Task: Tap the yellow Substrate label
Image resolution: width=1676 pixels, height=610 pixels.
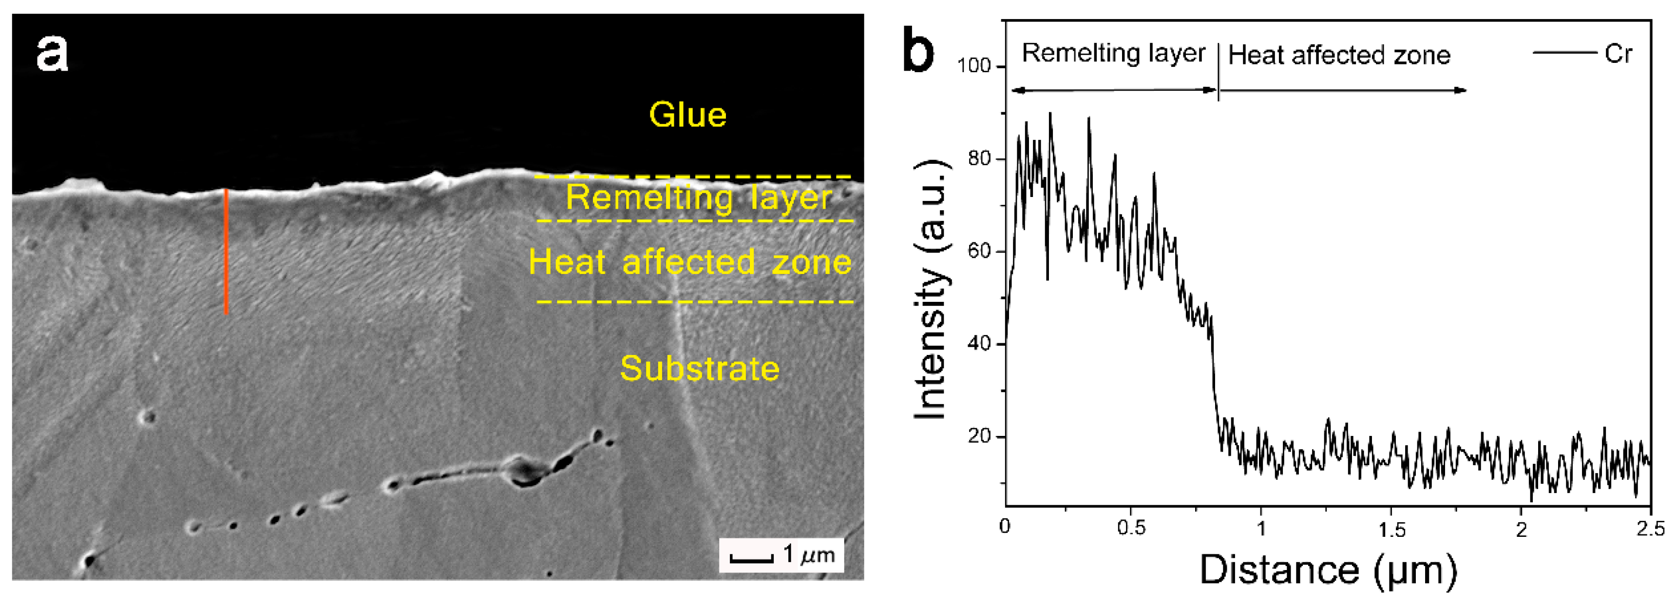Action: click(x=700, y=369)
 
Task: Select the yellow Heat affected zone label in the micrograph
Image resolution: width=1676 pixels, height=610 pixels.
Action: click(x=690, y=262)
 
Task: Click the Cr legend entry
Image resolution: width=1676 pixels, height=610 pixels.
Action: click(x=1618, y=53)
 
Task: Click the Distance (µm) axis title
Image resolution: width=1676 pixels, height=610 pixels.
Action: click(x=1327, y=571)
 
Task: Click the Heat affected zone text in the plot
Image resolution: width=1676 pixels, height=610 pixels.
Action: click(x=1339, y=55)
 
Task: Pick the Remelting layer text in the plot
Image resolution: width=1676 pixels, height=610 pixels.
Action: click(x=1113, y=53)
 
